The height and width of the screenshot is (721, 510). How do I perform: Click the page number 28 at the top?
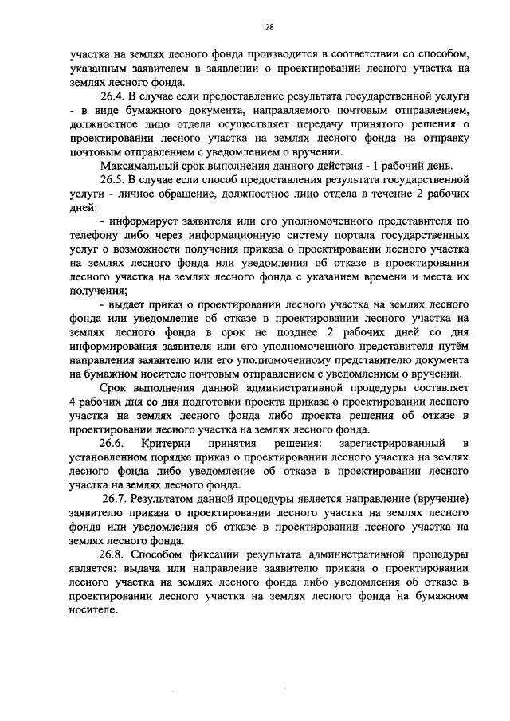coord(269,27)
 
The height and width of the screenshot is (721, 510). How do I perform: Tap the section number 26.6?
coord(110,442)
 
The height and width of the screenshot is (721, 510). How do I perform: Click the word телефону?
coord(94,237)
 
